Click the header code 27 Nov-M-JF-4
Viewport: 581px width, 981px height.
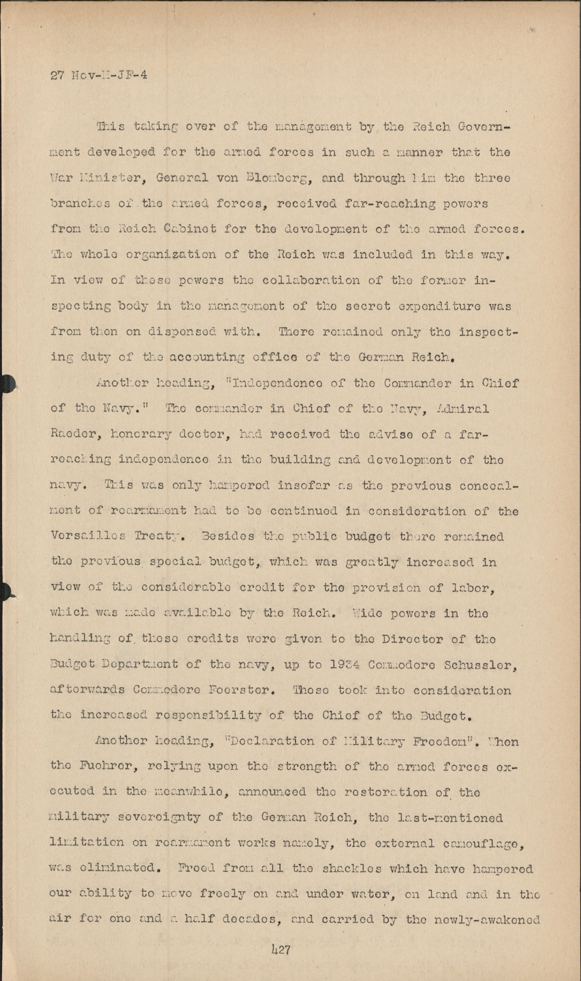[99, 75]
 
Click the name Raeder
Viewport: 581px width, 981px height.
[73, 434]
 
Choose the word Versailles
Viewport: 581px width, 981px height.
[93, 536]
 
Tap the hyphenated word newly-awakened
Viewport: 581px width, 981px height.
[485, 920]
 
